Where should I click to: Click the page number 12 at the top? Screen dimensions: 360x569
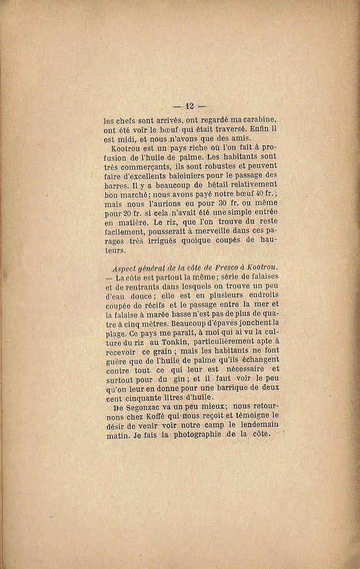coord(190,105)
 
